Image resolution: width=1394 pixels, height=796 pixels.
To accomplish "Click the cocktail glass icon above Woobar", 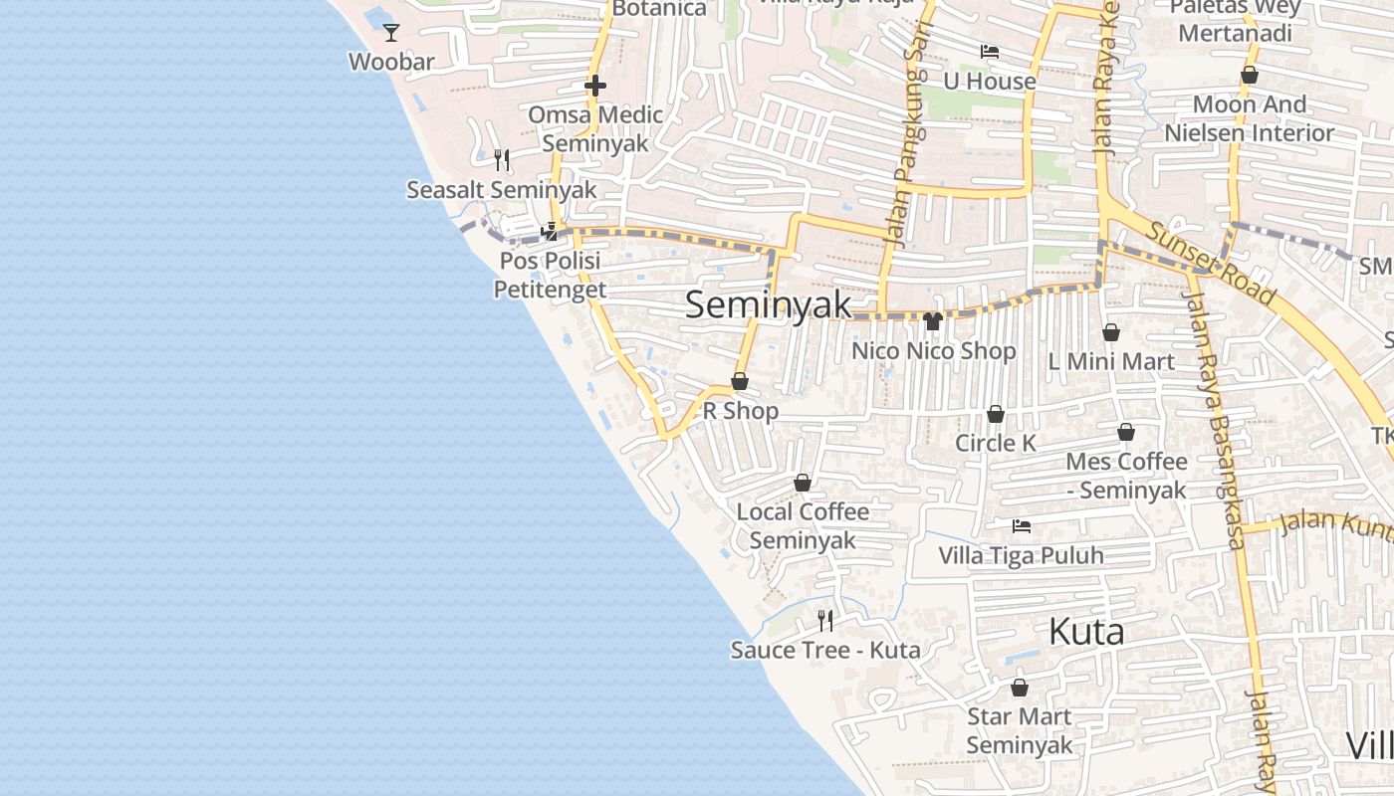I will coord(391,33).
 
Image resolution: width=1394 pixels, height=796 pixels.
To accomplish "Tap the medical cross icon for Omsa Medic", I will coord(595,86).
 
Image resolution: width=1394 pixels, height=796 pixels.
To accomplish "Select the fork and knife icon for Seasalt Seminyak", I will coord(502,159).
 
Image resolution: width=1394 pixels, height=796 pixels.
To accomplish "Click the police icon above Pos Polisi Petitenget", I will coord(549,232).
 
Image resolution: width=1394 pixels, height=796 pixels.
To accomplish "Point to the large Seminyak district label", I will coord(769,304).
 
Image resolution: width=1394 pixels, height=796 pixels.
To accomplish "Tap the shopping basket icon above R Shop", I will coord(740,381).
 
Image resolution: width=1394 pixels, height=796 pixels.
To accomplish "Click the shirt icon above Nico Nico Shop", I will coord(933,320).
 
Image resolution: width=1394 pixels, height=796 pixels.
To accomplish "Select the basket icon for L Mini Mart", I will coord(1111,332).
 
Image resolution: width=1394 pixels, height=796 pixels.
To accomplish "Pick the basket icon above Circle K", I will coord(996,414).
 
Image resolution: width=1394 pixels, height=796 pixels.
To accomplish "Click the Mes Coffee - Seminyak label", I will coord(1126,476).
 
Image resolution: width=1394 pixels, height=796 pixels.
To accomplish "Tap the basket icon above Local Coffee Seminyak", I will coord(803,483).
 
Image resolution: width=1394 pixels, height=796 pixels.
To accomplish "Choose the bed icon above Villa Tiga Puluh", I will coord(1022,525).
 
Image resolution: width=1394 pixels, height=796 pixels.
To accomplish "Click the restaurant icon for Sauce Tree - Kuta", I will coord(825,621).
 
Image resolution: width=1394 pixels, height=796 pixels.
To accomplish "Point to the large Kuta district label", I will coord(1086,632).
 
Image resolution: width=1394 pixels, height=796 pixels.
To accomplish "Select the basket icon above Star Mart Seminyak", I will coord(1020,688).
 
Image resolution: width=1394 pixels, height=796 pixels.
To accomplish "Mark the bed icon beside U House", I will coord(990,52).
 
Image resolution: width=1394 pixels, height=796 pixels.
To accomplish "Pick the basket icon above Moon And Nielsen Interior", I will coord(1250,75).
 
